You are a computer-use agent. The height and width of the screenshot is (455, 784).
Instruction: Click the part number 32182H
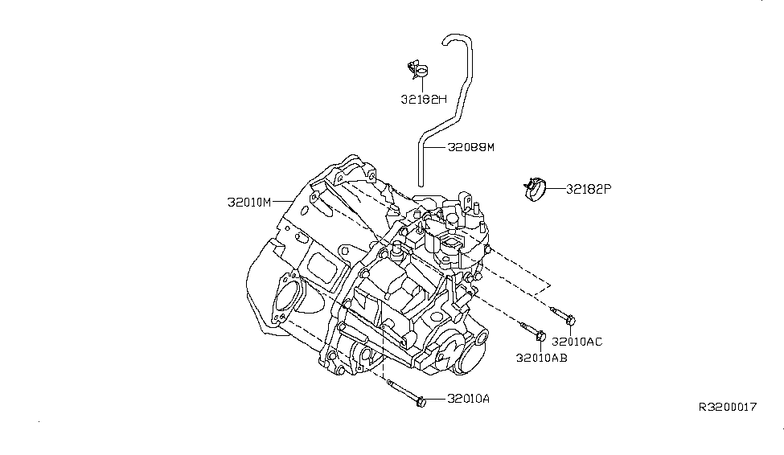point(425,100)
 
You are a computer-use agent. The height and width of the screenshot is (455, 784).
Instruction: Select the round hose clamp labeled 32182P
point(532,189)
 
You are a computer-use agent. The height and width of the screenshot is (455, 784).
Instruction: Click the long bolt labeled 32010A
point(407,396)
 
